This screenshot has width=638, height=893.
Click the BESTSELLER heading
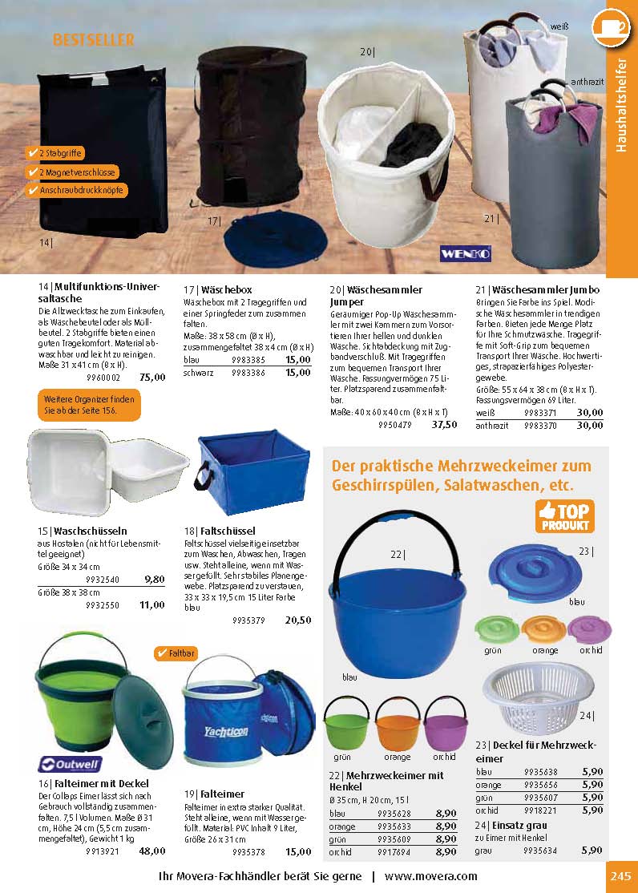(x=93, y=39)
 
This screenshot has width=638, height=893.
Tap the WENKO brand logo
(x=466, y=253)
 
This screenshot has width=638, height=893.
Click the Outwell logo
(x=70, y=764)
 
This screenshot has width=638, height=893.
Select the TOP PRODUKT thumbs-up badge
(x=563, y=516)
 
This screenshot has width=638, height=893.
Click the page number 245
(x=621, y=876)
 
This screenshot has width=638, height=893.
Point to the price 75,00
(x=152, y=378)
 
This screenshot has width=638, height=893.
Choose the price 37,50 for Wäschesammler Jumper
(x=444, y=425)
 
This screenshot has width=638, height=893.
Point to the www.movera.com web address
(x=430, y=876)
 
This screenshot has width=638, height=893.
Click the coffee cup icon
(x=612, y=26)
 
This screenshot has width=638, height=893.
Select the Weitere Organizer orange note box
(x=88, y=404)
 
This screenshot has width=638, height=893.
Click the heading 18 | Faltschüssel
(x=220, y=531)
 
